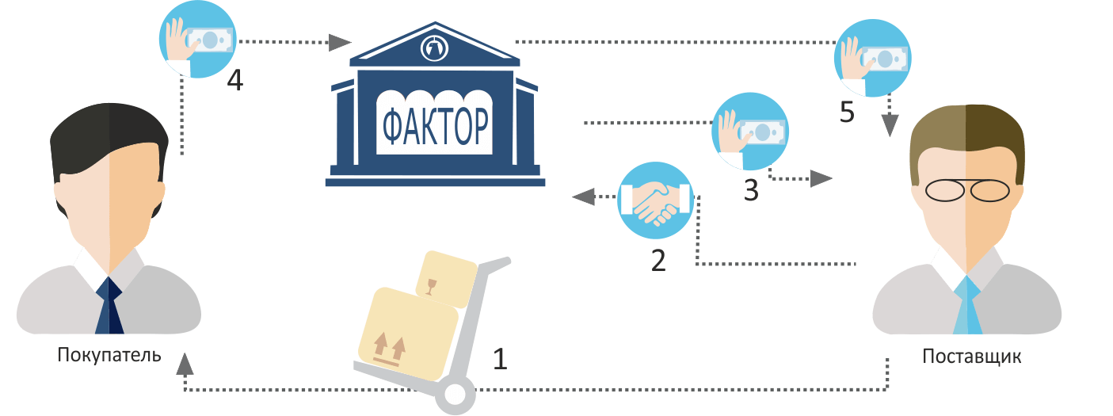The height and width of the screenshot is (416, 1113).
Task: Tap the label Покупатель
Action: tap(109, 354)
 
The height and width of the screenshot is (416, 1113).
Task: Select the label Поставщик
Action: tap(971, 357)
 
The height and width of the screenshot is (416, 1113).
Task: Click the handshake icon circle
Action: tap(654, 201)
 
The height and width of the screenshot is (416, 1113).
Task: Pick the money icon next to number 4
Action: tap(198, 39)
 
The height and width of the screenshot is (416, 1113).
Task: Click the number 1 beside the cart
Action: tap(499, 360)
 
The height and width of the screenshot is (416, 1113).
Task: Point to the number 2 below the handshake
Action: tap(658, 261)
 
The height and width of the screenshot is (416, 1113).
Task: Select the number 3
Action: tap(750, 191)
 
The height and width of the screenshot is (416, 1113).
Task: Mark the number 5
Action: tap(846, 113)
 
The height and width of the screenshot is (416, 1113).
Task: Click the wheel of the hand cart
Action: tap(455, 393)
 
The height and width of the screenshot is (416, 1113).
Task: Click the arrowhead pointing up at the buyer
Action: tap(185, 363)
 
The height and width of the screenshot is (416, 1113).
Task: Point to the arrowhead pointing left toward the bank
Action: tap(583, 196)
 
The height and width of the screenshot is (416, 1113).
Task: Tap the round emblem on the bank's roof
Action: tap(434, 48)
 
